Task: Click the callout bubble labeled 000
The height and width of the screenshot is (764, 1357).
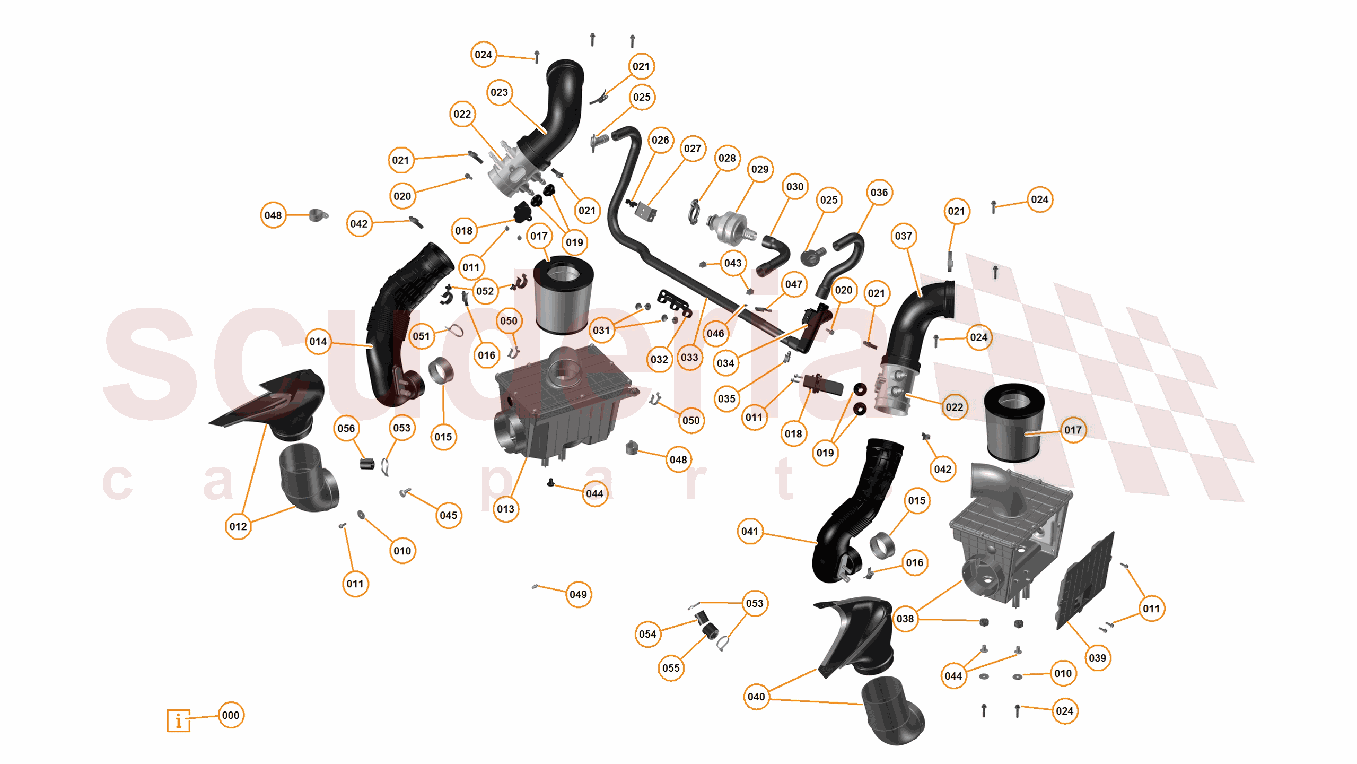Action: pos(231,715)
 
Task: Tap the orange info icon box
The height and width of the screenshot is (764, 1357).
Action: pos(178,720)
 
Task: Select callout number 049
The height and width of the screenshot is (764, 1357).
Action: pos(577,594)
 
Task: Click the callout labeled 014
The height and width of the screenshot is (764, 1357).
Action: pos(318,342)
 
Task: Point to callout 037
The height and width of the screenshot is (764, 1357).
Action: pos(903,236)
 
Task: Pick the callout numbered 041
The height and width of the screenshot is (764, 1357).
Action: pos(749,531)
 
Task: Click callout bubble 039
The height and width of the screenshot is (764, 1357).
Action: pos(1097,658)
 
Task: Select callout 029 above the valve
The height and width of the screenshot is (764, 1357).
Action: pos(759,169)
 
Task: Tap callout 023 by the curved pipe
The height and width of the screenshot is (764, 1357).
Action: pos(499,92)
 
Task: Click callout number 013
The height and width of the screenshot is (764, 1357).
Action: pos(505,509)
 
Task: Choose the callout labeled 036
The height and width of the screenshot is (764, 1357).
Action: pos(879,193)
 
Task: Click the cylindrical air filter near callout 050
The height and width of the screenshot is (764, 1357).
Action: pos(563,296)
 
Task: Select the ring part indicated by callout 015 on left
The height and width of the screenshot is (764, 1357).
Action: pos(441,370)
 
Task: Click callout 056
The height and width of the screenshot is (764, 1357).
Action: pos(346,428)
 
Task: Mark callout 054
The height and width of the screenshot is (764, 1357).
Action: pos(647,634)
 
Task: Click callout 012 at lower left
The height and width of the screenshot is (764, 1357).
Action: pos(238,526)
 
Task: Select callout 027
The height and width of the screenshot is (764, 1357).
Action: pos(692,149)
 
